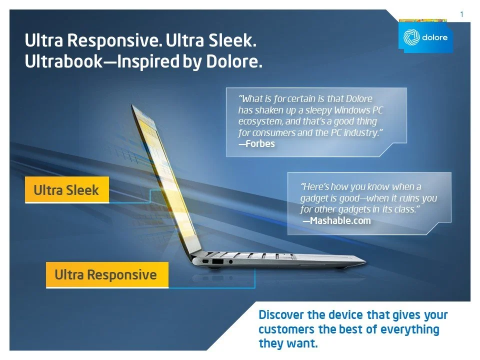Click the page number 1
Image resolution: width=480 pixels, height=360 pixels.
[461, 14]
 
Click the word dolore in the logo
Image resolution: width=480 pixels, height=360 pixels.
[434, 38]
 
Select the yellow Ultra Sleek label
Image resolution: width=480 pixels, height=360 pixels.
[66, 190]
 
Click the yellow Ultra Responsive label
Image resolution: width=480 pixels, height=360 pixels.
[106, 274]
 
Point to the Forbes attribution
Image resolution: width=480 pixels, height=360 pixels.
[257, 143]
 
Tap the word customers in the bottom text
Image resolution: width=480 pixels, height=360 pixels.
[286, 329]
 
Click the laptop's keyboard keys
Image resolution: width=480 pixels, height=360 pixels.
[250, 254]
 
